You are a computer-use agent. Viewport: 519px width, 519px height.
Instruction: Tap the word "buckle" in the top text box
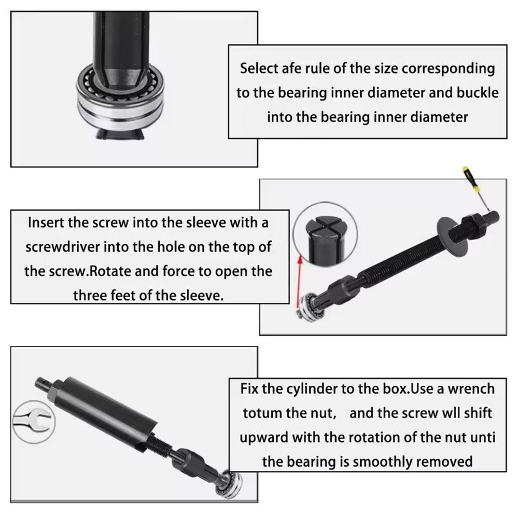pos(478,93)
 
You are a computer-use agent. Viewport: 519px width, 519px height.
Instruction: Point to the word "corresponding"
pos(448,69)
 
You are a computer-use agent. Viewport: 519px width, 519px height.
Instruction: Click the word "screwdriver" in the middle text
pos(63,247)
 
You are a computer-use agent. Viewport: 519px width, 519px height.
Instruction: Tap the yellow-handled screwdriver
pos(477,189)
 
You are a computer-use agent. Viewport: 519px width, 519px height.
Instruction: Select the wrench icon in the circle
pos(33,421)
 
